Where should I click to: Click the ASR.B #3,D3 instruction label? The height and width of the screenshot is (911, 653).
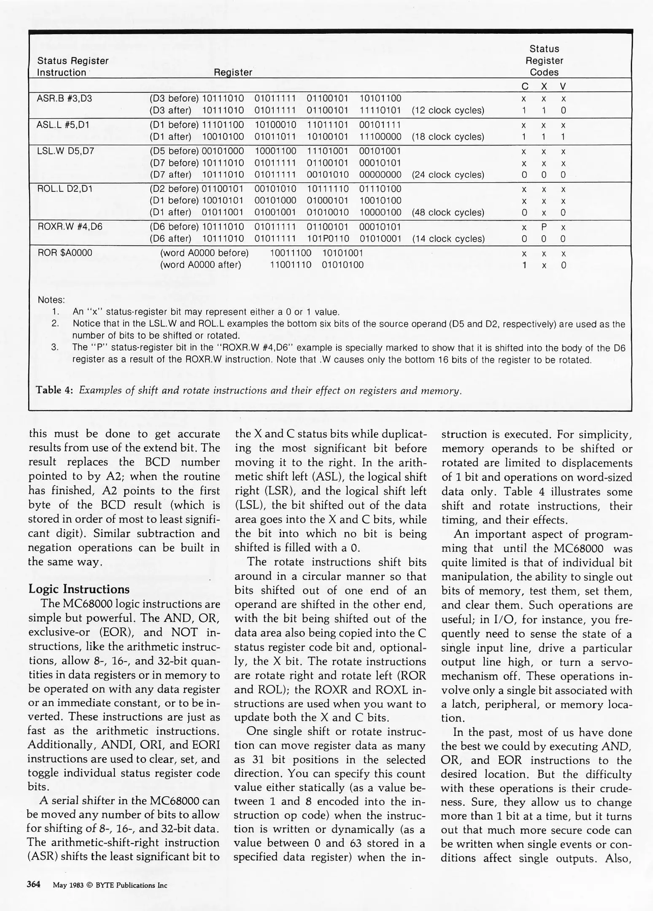click(x=64, y=99)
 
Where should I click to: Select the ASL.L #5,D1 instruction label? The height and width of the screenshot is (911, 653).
click(x=63, y=125)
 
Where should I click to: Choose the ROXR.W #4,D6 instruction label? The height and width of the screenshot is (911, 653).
click(x=70, y=226)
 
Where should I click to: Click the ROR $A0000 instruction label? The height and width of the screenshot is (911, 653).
click(x=65, y=253)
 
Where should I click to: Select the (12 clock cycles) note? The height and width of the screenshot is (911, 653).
click(x=448, y=111)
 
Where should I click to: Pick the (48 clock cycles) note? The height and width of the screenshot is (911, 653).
click(x=448, y=213)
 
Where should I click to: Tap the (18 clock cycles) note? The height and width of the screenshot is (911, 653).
click(x=448, y=137)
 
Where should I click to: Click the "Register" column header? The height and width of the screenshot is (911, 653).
click(x=233, y=73)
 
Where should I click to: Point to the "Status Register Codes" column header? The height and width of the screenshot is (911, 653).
click(x=544, y=61)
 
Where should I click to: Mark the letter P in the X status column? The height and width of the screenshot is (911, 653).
click(x=544, y=227)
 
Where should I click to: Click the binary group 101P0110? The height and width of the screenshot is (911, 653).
click(x=328, y=239)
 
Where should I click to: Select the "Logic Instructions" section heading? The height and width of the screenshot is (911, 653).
click(x=79, y=589)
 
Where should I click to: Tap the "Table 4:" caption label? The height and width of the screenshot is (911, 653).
click(x=55, y=390)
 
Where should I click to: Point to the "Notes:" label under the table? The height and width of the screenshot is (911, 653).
click(x=51, y=300)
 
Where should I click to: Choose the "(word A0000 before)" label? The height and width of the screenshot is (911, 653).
click(x=204, y=253)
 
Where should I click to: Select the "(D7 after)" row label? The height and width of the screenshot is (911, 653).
click(x=170, y=175)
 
